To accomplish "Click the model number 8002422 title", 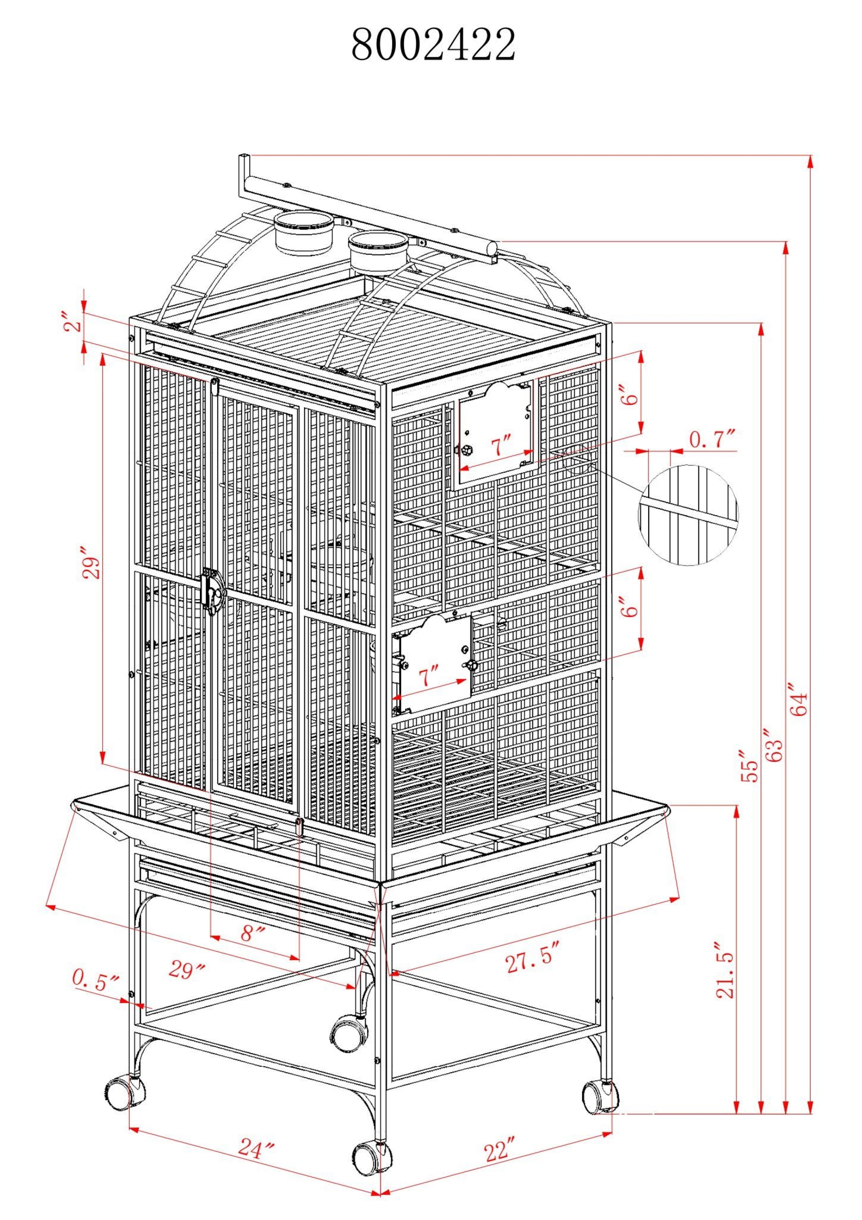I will [x=433, y=45].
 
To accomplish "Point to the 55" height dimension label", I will [x=750, y=765].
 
